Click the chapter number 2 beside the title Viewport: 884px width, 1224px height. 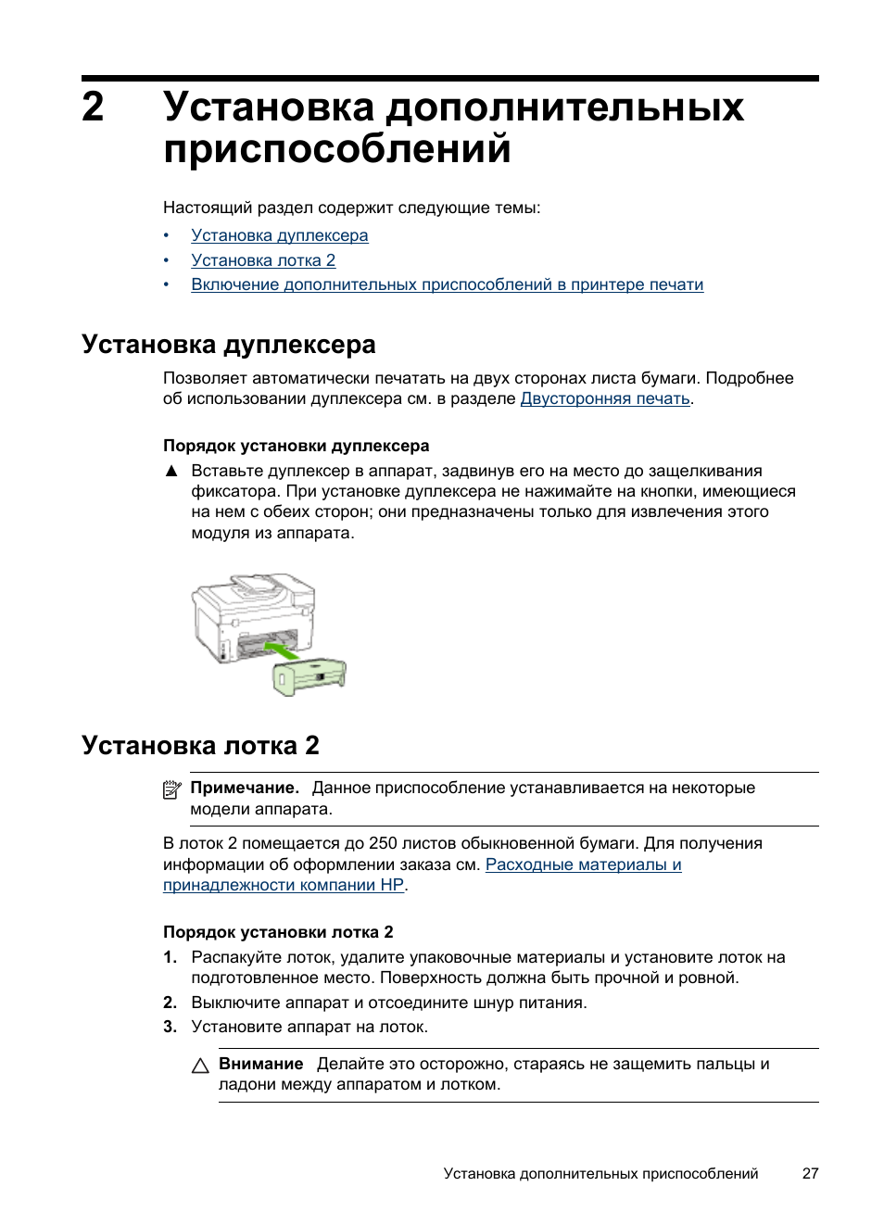tap(93, 107)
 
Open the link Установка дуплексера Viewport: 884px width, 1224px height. tap(279, 235)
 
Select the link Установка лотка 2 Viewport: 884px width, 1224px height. tap(263, 260)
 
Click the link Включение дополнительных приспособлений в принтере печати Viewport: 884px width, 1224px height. tap(447, 284)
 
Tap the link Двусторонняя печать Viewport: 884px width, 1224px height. tap(604, 398)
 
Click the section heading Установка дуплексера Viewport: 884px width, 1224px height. tap(228, 345)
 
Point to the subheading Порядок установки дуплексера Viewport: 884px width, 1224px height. tap(296, 446)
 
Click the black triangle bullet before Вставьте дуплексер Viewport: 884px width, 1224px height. tap(171, 471)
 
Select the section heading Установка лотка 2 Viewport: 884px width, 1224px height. tap(200, 746)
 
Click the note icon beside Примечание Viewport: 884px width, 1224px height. tap(171, 789)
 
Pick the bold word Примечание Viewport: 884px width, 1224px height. tap(245, 788)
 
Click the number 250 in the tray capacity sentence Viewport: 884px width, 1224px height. tap(383, 843)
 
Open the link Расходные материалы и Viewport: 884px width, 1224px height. tap(583, 864)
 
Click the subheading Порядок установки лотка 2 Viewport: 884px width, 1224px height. tap(278, 932)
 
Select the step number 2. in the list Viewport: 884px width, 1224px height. tap(170, 1003)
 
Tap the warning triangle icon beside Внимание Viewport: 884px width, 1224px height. tap(200, 1066)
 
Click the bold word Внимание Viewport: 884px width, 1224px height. tap(260, 1064)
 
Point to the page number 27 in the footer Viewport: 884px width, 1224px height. tap(810, 1174)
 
